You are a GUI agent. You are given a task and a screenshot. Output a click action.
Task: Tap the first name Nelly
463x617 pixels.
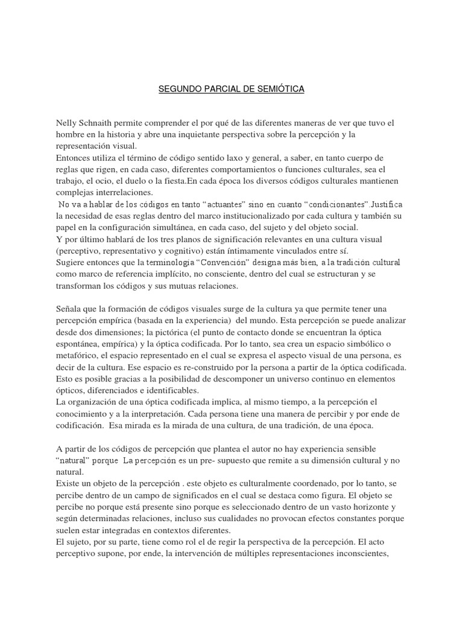tap(68, 123)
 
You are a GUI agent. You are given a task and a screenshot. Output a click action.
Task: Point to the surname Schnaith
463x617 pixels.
tap(102, 123)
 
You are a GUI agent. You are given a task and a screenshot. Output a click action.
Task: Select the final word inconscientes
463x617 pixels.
tap(362, 553)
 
